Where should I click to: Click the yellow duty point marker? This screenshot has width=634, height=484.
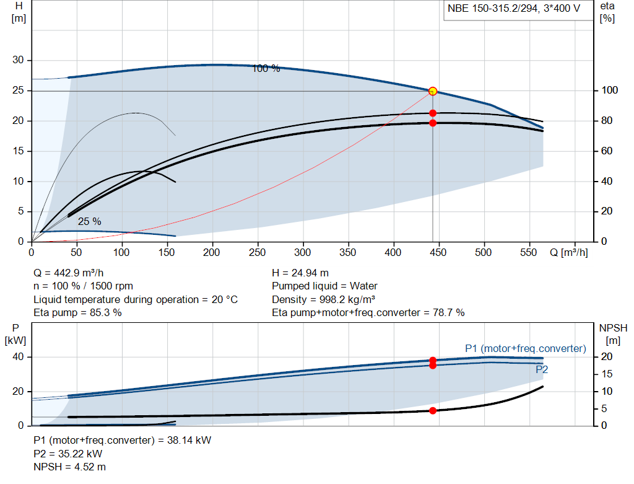click(433, 91)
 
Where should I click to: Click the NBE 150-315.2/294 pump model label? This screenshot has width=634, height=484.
click(513, 8)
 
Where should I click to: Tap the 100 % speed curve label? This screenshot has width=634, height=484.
click(266, 68)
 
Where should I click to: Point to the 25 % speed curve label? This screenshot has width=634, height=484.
click(89, 221)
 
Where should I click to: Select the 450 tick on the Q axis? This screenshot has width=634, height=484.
click(438, 252)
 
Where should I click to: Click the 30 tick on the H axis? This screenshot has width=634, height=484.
click(18, 60)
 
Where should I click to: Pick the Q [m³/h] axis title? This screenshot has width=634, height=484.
click(568, 252)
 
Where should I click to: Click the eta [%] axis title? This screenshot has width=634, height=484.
click(607, 12)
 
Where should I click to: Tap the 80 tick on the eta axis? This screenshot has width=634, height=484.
click(607, 121)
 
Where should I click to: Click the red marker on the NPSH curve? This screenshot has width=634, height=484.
click(433, 411)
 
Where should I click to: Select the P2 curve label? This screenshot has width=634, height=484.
click(542, 369)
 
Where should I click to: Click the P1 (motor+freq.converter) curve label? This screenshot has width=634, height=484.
click(525, 348)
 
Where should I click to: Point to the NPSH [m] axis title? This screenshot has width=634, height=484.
click(613, 334)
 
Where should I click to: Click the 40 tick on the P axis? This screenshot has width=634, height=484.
click(18, 357)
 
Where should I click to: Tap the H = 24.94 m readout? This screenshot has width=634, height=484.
click(300, 273)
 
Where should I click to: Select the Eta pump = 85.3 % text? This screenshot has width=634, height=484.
click(77, 312)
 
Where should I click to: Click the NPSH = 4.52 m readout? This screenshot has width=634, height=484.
click(69, 467)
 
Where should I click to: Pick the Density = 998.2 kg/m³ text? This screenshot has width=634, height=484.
click(323, 299)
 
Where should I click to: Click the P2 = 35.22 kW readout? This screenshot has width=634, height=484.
click(68, 454)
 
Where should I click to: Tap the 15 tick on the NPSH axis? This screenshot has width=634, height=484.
click(607, 374)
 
